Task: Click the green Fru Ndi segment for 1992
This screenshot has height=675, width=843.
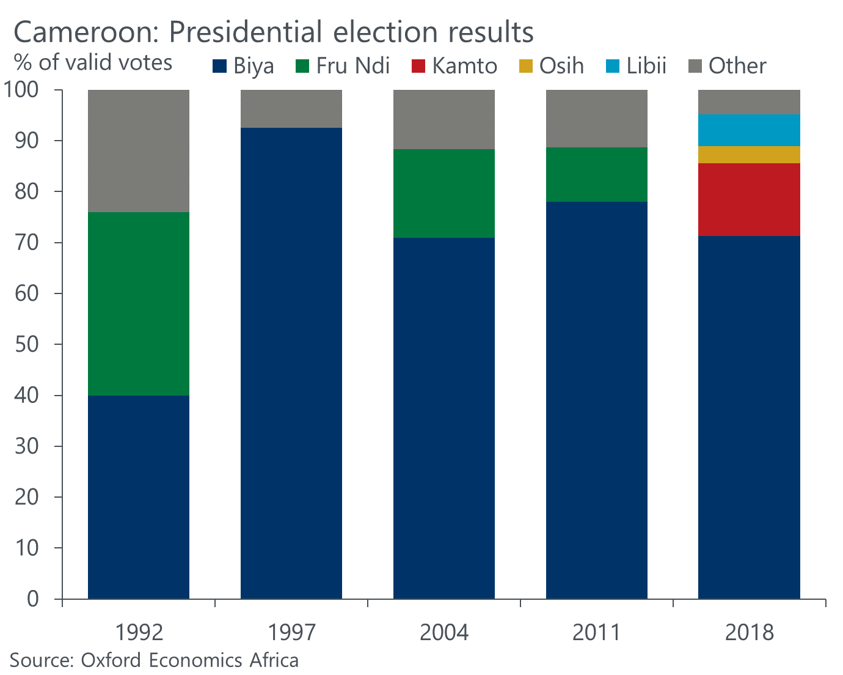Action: point(139,304)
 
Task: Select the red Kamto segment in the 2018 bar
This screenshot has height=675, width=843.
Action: point(749,199)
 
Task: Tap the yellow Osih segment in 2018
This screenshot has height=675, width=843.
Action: point(749,155)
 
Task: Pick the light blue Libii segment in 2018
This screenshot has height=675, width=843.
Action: point(749,130)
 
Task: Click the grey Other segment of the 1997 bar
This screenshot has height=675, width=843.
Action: point(291,109)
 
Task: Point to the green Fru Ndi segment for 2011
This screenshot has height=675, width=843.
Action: point(596,174)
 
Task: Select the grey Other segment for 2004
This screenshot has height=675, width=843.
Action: point(443,119)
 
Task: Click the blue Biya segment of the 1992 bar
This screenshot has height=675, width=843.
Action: point(139,496)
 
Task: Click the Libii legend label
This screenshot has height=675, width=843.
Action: point(646,66)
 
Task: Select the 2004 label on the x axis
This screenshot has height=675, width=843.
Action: point(443,632)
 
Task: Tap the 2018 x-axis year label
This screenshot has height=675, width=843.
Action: point(749,632)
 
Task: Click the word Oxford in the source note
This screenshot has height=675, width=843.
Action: point(111,660)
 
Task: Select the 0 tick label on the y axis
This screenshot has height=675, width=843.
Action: point(32,599)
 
